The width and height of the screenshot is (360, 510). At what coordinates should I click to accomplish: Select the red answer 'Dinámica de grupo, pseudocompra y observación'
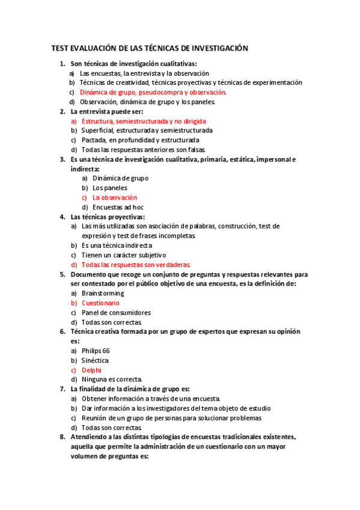[153, 93]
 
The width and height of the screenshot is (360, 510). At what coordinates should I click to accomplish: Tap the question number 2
[63, 111]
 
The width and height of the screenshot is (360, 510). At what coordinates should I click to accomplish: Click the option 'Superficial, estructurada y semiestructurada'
[147, 131]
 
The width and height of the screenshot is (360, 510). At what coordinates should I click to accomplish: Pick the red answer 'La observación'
[115, 197]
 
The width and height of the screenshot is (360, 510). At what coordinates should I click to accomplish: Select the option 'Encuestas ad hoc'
[118, 207]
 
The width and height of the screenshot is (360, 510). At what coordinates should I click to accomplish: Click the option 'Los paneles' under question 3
[110, 188]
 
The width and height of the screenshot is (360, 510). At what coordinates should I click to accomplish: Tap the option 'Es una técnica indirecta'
[117, 245]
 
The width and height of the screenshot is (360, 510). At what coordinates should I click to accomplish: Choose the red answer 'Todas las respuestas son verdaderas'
[136, 265]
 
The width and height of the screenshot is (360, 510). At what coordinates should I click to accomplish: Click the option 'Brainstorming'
[103, 293]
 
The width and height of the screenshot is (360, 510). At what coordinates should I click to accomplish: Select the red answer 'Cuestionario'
[100, 303]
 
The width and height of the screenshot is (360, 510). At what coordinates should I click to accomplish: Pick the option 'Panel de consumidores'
[116, 313]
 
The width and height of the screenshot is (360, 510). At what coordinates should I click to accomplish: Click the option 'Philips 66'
[96, 351]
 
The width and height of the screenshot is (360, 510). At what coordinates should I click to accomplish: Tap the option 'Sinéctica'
[95, 361]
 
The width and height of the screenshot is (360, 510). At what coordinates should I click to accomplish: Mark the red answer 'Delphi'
[91, 370]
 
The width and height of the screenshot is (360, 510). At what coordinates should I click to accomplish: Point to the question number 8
[63, 437]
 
